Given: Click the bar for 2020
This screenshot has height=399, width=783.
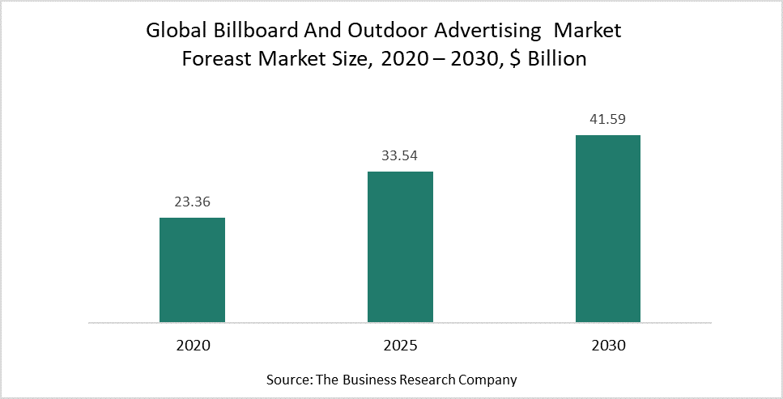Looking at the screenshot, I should [x=192, y=270].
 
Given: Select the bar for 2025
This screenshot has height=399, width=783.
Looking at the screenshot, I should [x=400, y=247].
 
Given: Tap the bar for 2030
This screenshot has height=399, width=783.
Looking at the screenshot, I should [x=608, y=228].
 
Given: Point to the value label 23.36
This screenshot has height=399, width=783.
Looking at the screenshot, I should [x=192, y=202].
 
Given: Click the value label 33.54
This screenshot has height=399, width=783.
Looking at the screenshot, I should [x=400, y=156].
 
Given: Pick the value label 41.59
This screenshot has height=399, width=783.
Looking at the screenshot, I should [x=608, y=120].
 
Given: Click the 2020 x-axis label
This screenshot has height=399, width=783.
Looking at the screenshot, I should [x=192, y=345].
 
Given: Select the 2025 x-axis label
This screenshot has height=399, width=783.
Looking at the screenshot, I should [x=400, y=345].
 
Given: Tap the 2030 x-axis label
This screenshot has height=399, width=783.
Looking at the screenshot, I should [x=608, y=345].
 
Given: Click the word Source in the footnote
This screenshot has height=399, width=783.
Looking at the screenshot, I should [x=286, y=380].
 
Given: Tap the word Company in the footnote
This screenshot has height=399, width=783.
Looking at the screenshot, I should [x=490, y=380].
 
